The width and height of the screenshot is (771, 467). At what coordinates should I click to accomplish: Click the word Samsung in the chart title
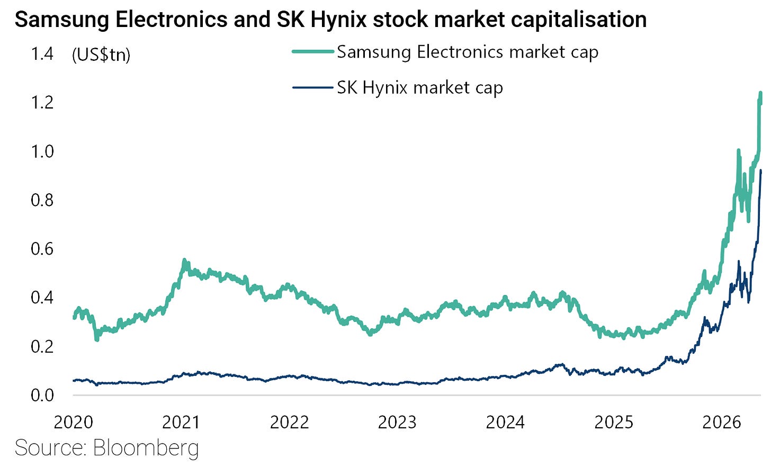click(62, 20)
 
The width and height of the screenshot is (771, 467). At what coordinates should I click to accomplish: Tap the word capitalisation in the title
click(579, 20)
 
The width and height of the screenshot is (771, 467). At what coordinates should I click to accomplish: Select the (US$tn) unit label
click(101, 55)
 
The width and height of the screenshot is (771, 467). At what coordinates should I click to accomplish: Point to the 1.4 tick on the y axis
click(42, 55)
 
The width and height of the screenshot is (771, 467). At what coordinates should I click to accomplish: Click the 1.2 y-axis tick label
click(42, 103)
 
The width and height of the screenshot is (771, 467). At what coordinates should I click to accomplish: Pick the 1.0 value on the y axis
click(42, 152)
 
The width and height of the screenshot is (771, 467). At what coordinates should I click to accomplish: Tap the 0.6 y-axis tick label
click(42, 249)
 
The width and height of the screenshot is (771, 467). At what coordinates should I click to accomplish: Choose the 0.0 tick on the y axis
click(42, 396)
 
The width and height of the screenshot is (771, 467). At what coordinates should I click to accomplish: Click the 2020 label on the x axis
click(73, 423)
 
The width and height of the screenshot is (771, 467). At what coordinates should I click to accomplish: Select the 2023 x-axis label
click(397, 423)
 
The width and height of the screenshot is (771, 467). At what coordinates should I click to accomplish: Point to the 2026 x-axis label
click(721, 423)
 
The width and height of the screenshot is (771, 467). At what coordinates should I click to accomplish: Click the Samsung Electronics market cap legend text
click(468, 52)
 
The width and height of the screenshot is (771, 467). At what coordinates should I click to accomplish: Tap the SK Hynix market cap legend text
click(420, 88)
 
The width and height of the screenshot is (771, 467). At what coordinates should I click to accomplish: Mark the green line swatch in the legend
click(313, 51)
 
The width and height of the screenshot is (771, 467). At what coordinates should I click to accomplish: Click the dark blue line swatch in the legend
click(313, 87)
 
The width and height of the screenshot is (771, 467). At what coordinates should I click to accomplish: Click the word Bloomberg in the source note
click(146, 448)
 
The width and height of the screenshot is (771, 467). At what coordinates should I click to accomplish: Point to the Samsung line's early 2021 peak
click(184, 260)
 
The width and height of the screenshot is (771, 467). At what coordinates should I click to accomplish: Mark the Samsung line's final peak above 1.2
click(760, 93)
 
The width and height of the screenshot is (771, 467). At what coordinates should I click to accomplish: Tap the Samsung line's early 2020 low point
click(97, 340)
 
